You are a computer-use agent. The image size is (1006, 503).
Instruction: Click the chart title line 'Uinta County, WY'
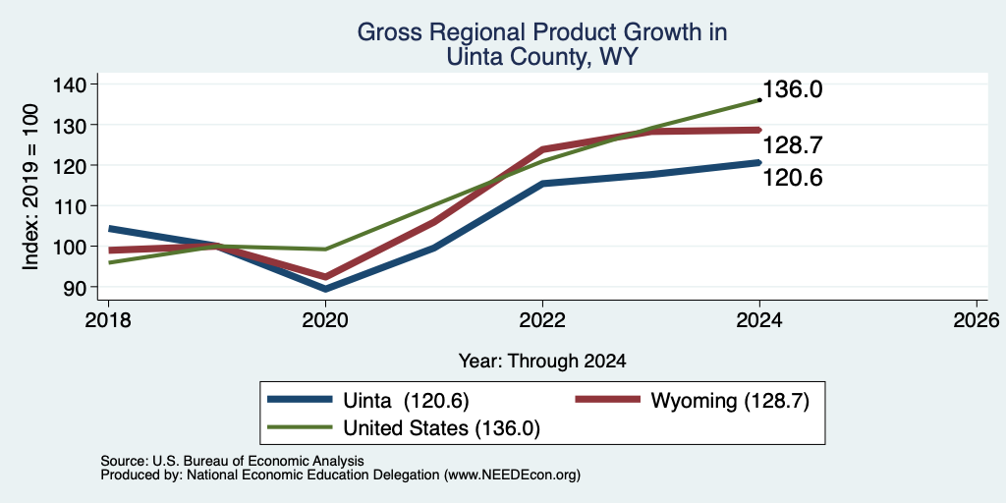click(x=541, y=58)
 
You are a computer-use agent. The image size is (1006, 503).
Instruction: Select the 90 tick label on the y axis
click(x=73, y=288)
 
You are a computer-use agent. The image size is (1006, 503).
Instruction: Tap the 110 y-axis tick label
click(x=68, y=206)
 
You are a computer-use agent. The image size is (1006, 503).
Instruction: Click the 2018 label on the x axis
click(x=108, y=320)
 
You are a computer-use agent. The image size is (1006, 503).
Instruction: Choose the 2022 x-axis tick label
click(x=542, y=320)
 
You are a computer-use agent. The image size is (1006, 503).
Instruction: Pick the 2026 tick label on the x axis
click(x=977, y=320)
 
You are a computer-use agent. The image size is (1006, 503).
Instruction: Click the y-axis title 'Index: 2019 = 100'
click(x=30, y=187)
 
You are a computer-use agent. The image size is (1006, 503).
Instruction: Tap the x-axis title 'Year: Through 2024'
click(x=542, y=362)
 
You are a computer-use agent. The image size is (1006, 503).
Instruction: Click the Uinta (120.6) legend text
click(x=406, y=401)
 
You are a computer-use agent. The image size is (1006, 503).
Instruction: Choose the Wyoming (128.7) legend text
click(x=730, y=401)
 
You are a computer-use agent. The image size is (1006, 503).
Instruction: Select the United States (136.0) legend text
click(x=442, y=428)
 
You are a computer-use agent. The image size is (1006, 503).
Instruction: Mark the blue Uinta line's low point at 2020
click(x=326, y=289)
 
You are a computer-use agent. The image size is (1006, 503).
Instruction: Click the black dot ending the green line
click(x=759, y=100)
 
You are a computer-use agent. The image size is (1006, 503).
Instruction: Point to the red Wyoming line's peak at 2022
click(x=542, y=149)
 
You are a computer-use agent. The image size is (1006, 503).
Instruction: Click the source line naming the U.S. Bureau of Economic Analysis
click(x=232, y=461)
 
